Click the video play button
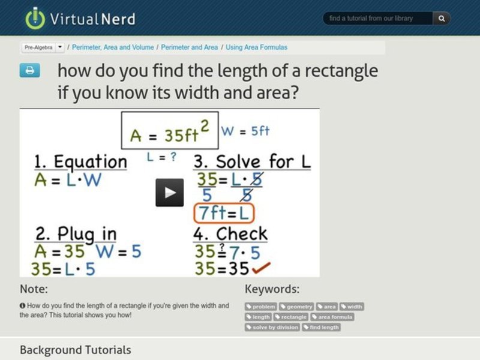click(x=170, y=193)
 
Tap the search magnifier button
click(x=441, y=19)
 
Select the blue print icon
click(x=29, y=70)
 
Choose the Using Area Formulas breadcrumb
click(x=256, y=47)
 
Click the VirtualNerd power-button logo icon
click(x=35, y=18)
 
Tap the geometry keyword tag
click(x=297, y=307)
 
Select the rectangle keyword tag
click(x=292, y=317)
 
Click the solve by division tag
click(x=272, y=327)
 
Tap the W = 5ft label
click(x=245, y=130)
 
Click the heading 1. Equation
click(x=80, y=161)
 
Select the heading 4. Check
click(x=230, y=233)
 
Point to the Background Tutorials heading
click(x=75, y=350)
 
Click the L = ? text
click(x=161, y=157)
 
